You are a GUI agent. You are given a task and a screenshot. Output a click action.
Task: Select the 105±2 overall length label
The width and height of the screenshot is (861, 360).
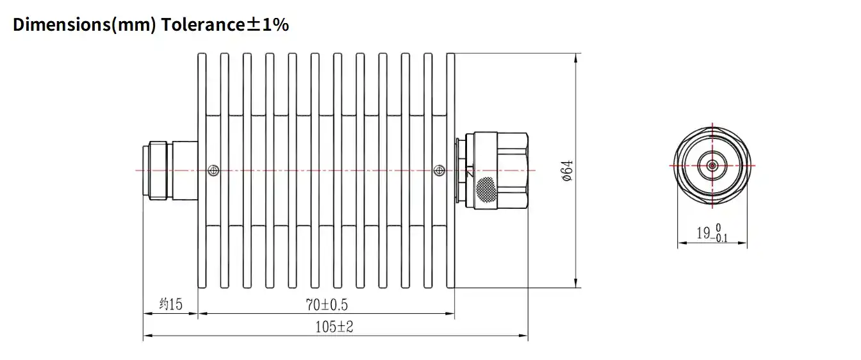coord(334,327)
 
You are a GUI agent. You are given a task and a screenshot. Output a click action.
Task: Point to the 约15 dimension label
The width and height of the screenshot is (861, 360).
coord(170,304)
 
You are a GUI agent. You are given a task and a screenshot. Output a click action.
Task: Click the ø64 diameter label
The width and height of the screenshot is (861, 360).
coord(566,170)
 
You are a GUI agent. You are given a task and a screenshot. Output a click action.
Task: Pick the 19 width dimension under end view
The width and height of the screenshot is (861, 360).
coord(703,233)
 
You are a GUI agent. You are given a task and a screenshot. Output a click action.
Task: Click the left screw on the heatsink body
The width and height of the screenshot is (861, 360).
coord(213,170)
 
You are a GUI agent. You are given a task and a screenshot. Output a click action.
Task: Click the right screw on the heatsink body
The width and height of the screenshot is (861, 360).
coord(438,170)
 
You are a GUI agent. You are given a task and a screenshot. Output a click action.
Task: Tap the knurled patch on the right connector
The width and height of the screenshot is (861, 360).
coord(486,188)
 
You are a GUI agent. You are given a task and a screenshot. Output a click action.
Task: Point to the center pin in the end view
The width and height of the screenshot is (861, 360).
coord(712,165)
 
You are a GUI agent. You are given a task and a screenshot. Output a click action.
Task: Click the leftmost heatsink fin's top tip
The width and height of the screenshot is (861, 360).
coord(202,56)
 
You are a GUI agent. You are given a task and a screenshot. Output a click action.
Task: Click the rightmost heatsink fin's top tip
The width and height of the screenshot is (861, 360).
coord(450,56)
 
